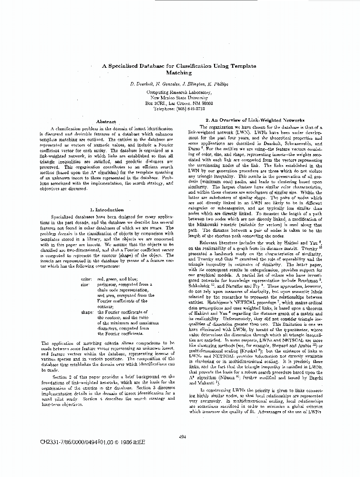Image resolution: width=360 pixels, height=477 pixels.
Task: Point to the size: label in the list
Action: pos(85,284)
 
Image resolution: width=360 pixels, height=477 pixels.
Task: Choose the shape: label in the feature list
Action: pos(86,312)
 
